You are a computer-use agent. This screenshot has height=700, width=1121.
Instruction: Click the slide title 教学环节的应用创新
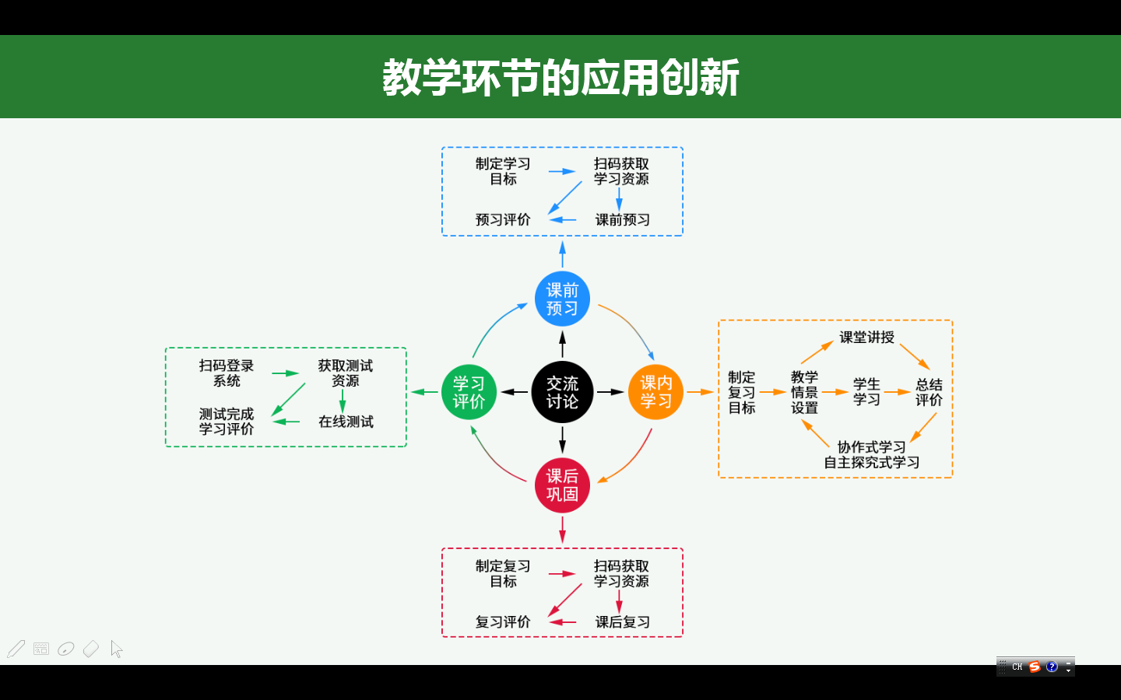(560, 78)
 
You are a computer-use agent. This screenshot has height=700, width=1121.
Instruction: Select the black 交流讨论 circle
(562, 392)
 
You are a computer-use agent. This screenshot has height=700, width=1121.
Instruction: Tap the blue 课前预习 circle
(562, 299)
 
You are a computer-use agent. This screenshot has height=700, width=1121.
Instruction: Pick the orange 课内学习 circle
(655, 392)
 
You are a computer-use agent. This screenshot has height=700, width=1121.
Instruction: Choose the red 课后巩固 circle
(562, 485)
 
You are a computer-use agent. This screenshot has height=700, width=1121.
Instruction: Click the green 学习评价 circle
(469, 392)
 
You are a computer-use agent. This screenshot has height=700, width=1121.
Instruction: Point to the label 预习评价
(503, 220)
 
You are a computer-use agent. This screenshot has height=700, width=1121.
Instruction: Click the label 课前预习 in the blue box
(622, 220)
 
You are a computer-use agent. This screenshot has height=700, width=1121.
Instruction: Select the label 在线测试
(346, 422)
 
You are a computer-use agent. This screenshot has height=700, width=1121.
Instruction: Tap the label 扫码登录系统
(227, 373)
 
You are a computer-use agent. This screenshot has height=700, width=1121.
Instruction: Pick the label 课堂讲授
(866, 338)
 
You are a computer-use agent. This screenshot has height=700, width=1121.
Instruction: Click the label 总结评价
(929, 392)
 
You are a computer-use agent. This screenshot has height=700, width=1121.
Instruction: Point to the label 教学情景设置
(804, 392)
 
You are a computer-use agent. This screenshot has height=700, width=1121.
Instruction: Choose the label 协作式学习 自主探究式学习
(872, 455)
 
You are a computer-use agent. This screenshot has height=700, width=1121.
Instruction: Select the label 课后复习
(622, 622)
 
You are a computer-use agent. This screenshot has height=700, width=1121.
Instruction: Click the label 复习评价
(503, 622)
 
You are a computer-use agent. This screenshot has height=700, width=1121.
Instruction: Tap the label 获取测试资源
(345, 373)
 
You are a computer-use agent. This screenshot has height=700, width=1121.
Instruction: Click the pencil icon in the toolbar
(16, 649)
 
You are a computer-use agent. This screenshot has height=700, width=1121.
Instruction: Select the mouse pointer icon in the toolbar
(117, 649)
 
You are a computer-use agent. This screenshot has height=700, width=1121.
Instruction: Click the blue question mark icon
(1052, 667)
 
